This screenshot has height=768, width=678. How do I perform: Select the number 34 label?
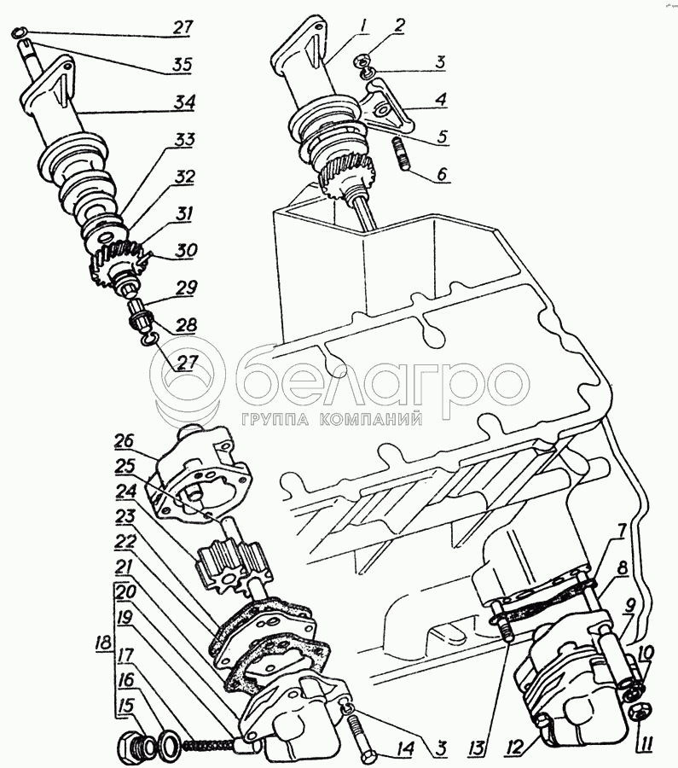(x=182, y=102)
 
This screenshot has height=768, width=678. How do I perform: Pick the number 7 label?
(x=623, y=532)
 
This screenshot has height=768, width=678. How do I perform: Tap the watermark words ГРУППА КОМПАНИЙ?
(x=332, y=419)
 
